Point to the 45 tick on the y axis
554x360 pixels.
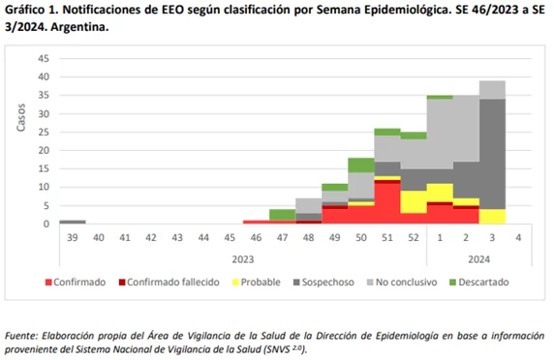coord(44,58)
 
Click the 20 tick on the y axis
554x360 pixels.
coord(44,150)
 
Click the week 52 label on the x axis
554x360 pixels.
coord(415,237)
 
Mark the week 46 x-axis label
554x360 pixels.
coord(256,237)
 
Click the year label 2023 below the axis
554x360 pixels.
coord(243,257)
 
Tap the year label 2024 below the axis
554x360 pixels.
coord(479,257)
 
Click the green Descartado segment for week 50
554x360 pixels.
coord(361,165)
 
